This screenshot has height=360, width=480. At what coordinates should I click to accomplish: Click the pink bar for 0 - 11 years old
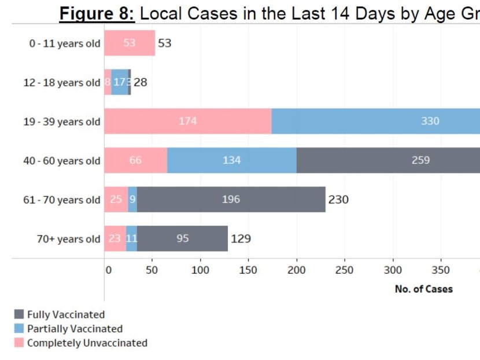(130, 43)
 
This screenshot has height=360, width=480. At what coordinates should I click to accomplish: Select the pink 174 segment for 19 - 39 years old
(187, 122)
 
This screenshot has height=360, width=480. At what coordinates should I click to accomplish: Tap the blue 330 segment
(376, 122)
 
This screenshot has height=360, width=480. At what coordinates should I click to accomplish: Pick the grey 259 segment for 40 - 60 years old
(387, 160)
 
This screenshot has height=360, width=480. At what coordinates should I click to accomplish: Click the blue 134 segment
(231, 160)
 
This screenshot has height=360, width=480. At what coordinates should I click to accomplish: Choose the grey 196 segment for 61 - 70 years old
(231, 200)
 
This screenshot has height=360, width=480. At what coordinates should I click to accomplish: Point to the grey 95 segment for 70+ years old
(182, 238)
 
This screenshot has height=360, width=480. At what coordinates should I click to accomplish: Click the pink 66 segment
(135, 160)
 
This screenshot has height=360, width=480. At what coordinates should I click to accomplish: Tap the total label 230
(338, 200)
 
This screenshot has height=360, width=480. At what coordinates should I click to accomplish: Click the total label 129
(241, 238)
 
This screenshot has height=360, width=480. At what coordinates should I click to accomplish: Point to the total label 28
(141, 82)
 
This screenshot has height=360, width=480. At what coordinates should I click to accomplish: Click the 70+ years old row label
(68, 239)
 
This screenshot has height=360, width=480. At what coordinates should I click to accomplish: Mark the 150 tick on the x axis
(248, 270)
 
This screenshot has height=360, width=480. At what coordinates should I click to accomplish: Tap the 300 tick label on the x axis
(393, 270)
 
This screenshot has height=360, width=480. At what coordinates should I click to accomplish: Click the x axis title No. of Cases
(423, 289)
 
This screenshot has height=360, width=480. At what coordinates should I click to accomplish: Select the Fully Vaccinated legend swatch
(19, 314)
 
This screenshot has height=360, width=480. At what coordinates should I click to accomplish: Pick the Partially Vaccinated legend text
(75, 329)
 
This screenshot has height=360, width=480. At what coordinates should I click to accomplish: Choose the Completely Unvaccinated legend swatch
(19, 343)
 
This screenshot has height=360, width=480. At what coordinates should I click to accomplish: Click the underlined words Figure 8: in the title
(97, 13)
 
